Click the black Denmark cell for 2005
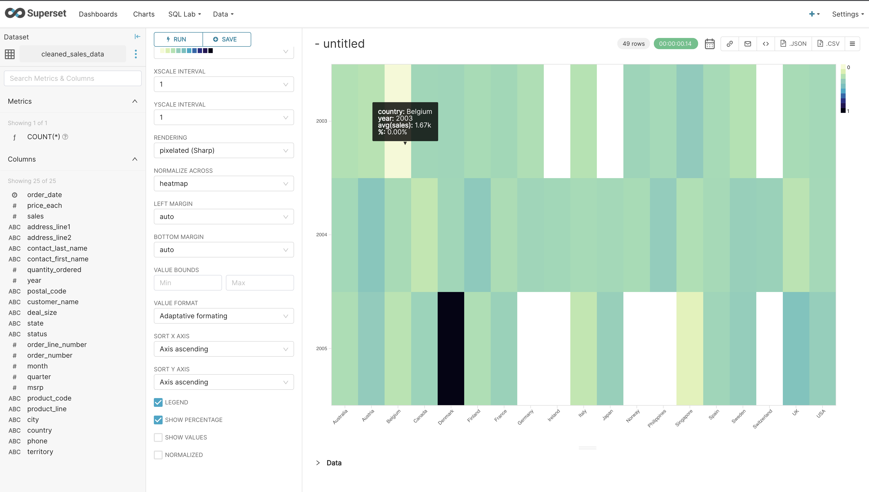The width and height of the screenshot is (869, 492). pyautogui.click(x=451, y=348)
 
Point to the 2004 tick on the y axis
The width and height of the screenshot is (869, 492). pyautogui.click(x=322, y=235)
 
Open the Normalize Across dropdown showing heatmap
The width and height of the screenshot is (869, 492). pyautogui.click(x=223, y=183)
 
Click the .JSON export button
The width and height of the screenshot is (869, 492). pyautogui.click(x=793, y=44)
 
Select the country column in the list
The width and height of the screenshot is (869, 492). pyautogui.click(x=39, y=430)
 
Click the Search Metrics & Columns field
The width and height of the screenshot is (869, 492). pyautogui.click(x=73, y=78)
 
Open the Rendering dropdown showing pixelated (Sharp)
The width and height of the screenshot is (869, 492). pyautogui.click(x=223, y=150)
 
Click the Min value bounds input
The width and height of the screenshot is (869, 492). pyautogui.click(x=188, y=283)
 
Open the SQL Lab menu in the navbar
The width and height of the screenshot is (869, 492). pyautogui.click(x=184, y=14)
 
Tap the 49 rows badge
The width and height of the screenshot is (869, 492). pyautogui.click(x=633, y=44)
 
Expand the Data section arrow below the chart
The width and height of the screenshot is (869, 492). pyautogui.click(x=318, y=463)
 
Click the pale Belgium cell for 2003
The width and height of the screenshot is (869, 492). pyautogui.click(x=398, y=159)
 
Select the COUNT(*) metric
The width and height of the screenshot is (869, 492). pyautogui.click(x=44, y=137)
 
